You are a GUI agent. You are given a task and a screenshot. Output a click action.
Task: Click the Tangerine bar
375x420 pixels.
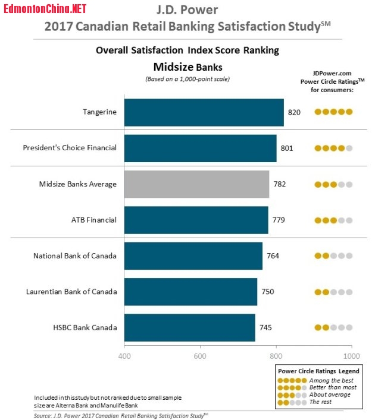(204, 112)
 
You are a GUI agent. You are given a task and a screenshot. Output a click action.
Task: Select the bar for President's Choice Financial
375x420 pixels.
(200, 148)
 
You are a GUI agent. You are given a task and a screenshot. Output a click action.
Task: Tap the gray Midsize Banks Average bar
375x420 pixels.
(196, 184)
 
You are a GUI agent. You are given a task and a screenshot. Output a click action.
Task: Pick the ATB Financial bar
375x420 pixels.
(196, 220)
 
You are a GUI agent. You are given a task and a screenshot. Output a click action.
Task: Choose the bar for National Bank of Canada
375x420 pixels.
(193, 256)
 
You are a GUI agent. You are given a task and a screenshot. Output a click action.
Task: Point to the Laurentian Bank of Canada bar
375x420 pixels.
(190, 292)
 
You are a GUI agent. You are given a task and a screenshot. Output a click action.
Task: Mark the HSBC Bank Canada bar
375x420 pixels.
(189, 327)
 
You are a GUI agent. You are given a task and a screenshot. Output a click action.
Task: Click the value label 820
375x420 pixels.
(295, 112)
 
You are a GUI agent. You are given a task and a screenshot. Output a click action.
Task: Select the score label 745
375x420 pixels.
(266, 327)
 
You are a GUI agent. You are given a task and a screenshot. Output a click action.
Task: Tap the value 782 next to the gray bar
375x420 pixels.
(279, 184)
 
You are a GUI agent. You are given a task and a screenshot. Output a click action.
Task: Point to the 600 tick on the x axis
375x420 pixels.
(200, 356)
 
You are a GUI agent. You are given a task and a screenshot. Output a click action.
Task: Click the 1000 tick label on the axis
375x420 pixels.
(352, 356)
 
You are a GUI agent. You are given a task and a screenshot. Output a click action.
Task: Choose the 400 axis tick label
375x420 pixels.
(124, 356)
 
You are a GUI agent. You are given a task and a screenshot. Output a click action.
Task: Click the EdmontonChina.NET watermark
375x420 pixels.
(45, 8)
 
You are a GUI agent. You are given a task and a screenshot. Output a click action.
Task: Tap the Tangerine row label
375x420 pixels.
(99, 112)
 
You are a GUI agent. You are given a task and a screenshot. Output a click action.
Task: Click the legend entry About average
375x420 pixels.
(329, 394)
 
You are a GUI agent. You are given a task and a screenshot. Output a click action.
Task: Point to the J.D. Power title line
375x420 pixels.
(187, 11)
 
